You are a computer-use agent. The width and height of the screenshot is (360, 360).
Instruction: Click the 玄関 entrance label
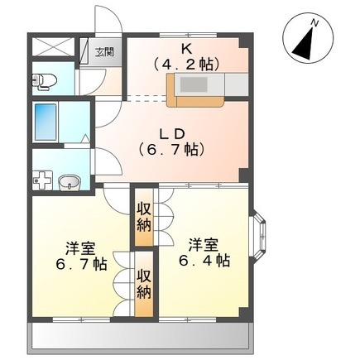(x=104, y=52)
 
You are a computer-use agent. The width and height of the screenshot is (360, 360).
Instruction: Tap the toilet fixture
(x=44, y=81)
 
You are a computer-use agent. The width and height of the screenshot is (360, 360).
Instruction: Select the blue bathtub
(x=46, y=122)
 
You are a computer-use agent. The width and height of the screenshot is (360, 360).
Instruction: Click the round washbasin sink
(x=70, y=182)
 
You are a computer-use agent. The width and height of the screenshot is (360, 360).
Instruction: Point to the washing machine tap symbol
(x=42, y=180)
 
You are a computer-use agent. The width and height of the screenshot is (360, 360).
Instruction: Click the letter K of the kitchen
(x=186, y=50)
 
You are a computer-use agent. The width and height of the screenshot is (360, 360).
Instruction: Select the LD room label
(x=172, y=134)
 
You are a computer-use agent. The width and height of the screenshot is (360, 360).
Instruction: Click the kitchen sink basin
(x=194, y=84)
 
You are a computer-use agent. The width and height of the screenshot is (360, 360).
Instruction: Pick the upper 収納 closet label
(x=144, y=218)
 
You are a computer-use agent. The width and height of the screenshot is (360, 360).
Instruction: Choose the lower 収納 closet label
(x=144, y=284)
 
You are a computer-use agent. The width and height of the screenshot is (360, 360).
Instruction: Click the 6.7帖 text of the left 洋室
(x=81, y=265)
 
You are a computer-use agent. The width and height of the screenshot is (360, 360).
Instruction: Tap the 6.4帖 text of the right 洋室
(x=204, y=261)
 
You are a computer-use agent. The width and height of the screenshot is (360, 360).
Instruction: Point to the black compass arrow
(x=305, y=43)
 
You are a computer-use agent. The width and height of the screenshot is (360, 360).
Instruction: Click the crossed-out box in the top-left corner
(x=53, y=46)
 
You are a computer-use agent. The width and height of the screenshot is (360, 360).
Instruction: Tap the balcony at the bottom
(x=141, y=336)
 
